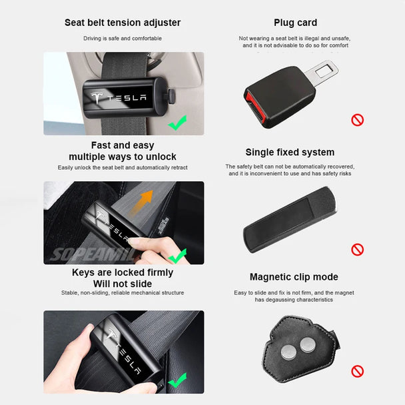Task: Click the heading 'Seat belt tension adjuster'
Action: [x=123, y=23]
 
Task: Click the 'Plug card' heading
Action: [x=295, y=23]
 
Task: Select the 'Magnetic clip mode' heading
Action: [x=294, y=277]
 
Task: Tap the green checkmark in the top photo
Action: [x=177, y=123]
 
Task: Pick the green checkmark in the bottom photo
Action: [x=177, y=381]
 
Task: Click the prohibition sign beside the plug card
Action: [x=358, y=121]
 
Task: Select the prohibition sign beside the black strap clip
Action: [x=358, y=249]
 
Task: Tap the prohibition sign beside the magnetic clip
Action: [x=358, y=371]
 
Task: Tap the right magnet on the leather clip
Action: [x=308, y=344]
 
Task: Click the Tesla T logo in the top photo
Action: [x=99, y=98]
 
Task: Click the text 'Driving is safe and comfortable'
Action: [x=123, y=39]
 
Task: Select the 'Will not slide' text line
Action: [x=123, y=284]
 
